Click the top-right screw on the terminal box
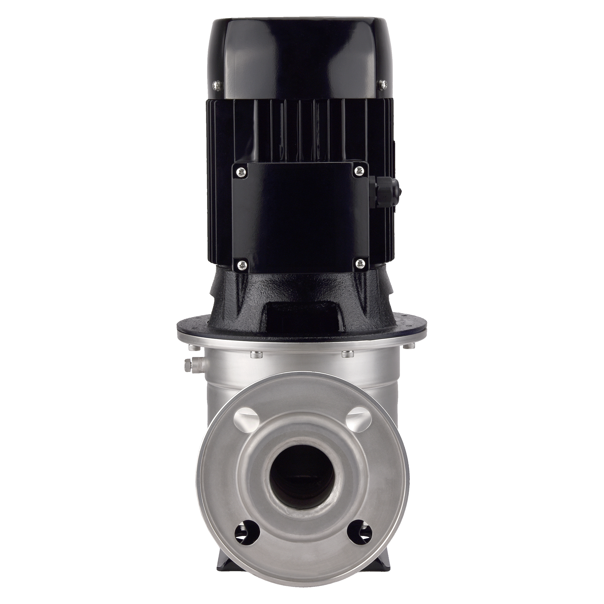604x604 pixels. click(x=359, y=171)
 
